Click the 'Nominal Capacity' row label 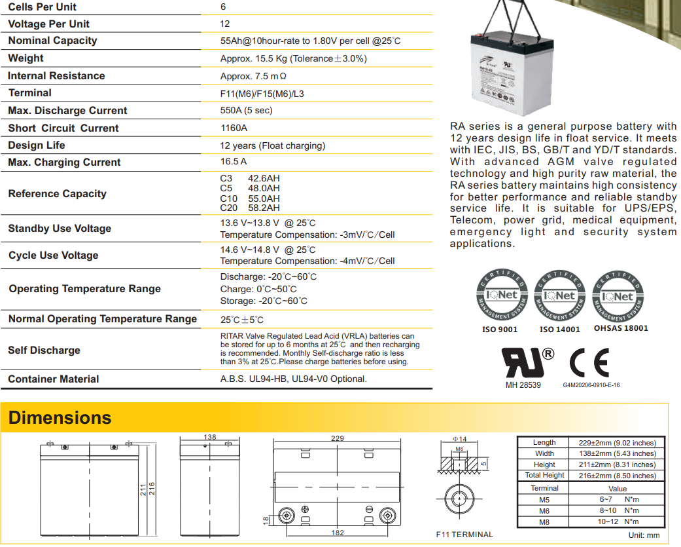pyautogui.click(x=52, y=41)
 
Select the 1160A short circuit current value pyautogui.click(x=234, y=128)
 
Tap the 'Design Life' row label pyautogui.click(x=37, y=145)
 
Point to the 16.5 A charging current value pyautogui.click(x=234, y=161)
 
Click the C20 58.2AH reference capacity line pyautogui.click(x=250, y=208)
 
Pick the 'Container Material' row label pyautogui.click(x=54, y=379)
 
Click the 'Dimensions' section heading pyautogui.click(x=60, y=418)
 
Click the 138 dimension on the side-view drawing pyautogui.click(x=209, y=437)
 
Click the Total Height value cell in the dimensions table pyautogui.click(x=617, y=476)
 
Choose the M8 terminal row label pyautogui.click(x=544, y=521)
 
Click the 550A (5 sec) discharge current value pyautogui.click(x=247, y=111)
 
